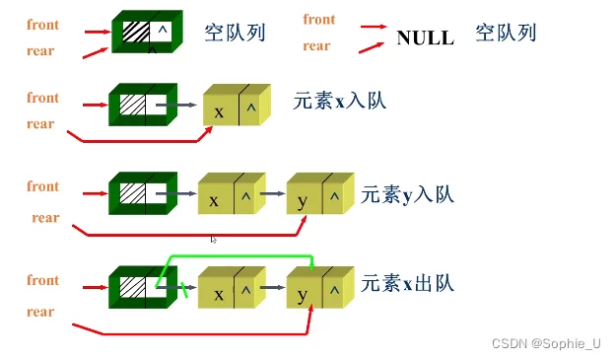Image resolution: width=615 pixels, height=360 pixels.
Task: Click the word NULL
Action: coord(425,37)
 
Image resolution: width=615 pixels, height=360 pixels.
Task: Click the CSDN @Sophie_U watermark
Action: coord(545,343)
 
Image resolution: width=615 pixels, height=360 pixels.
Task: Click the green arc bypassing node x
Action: coord(237,258)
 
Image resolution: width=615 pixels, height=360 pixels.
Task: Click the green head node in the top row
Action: coord(147,33)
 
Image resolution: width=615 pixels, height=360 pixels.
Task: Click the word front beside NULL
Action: coord(319,20)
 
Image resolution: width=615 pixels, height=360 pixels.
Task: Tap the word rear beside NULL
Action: coord(316,45)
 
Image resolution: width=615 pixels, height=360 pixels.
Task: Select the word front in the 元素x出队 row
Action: coord(43,280)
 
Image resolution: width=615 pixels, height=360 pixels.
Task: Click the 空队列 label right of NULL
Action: coord(506,34)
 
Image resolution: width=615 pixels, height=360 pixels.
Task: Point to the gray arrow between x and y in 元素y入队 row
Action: coord(275,199)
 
